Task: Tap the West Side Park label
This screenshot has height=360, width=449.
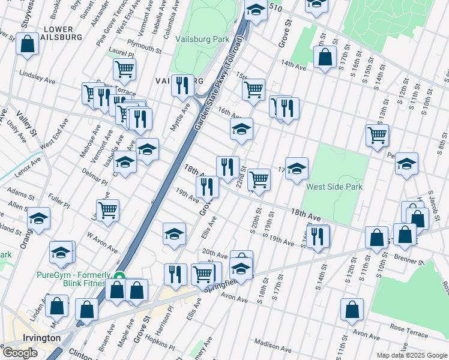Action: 334,187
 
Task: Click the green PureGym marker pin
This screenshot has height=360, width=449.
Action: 119,278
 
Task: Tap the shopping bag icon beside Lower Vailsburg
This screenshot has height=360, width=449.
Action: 28,44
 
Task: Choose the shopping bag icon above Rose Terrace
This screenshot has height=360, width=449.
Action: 352,309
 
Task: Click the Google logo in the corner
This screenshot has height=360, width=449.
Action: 20,353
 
